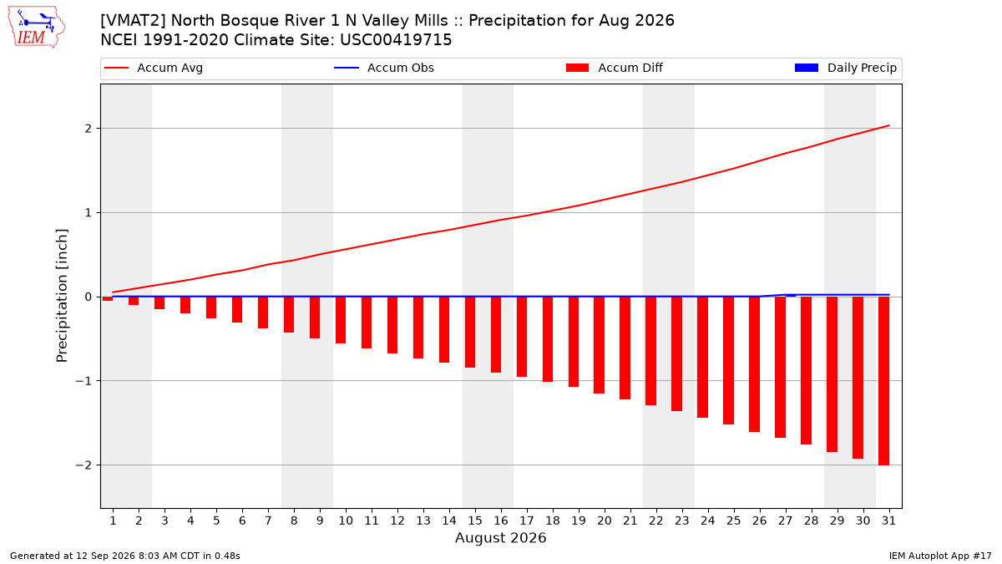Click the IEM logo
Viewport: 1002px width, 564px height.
click(x=37, y=28)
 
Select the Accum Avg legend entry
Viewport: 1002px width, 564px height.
click(x=154, y=68)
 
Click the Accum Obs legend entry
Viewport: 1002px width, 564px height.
click(x=384, y=68)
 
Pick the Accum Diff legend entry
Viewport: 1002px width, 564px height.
click(x=615, y=68)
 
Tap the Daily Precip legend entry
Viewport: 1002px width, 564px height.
click(x=845, y=68)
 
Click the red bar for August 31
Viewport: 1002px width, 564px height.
click(x=883, y=381)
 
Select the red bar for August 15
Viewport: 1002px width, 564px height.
click(x=470, y=333)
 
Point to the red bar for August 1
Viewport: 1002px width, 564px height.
click(x=108, y=298)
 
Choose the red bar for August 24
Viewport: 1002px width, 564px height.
click(x=703, y=358)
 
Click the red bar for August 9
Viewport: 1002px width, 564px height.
click(x=315, y=318)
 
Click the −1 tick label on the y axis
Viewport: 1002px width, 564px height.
click(x=83, y=381)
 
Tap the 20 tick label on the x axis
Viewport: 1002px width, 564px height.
click(x=605, y=521)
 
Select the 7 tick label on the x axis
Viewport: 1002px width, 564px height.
click(x=268, y=521)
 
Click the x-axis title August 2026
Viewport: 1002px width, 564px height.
click(x=500, y=537)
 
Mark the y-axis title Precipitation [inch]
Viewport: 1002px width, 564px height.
click(x=62, y=296)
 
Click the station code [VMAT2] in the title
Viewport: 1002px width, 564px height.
click(x=133, y=21)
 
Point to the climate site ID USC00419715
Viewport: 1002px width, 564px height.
click(x=396, y=40)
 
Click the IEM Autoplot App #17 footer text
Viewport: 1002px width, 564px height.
click(x=940, y=556)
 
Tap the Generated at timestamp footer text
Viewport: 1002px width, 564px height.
click(x=124, y=556)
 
